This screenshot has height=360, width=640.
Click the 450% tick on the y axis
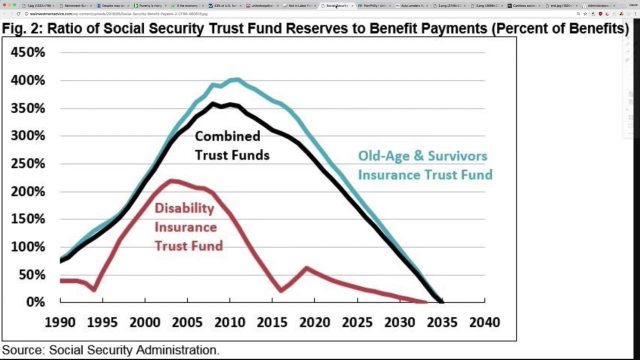click(x=28, y=52)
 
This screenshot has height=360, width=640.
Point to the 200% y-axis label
click(x=28, y=191)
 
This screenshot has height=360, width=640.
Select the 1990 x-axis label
click(x=60, y=322)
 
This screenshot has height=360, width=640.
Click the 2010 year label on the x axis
click(x=230, y=322)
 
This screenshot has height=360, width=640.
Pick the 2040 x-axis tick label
click(x=484, y=322)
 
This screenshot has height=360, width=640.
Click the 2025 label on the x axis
click(x=357, y=322)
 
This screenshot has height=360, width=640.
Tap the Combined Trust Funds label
click(x=232, y=145)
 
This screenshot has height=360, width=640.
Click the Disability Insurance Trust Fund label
click(x=188, y=227)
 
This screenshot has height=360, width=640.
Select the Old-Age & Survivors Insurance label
click(x=424, y=165)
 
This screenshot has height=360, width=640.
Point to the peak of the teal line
click(x=236, y=78)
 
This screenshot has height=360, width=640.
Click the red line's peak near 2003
click(x=171, y=180)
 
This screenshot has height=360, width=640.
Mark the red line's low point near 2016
click(x=281, y=290)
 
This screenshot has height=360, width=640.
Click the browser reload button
click(x=18, y=14)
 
